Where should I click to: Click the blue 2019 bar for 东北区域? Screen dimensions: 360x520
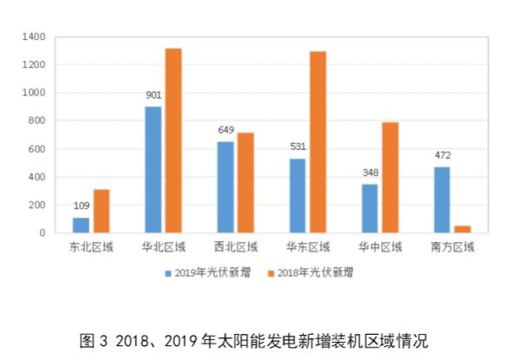tap(80, 225)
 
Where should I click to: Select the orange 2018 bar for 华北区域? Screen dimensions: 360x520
tap(173, 141)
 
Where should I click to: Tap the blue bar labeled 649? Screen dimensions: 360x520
tap(226, 187)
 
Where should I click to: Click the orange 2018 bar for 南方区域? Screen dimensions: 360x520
tap(462, 229)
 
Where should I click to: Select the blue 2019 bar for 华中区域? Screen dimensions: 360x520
tap(371, 208)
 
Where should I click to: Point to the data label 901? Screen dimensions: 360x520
tap(154, 95)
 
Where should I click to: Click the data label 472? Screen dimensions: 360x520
tap(443, 156)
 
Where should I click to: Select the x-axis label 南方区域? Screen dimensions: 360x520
tap(452, 247)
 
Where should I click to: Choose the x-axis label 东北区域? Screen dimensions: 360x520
tap(91, 247)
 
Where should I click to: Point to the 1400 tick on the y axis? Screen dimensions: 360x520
tap(35, 37)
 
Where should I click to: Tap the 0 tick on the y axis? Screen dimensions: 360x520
tap(43, 232)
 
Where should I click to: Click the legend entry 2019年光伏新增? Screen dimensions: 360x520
tap(208, 272)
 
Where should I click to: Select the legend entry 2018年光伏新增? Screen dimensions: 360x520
tap(312, 272)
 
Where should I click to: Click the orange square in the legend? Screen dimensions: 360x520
tap(270, 272)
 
